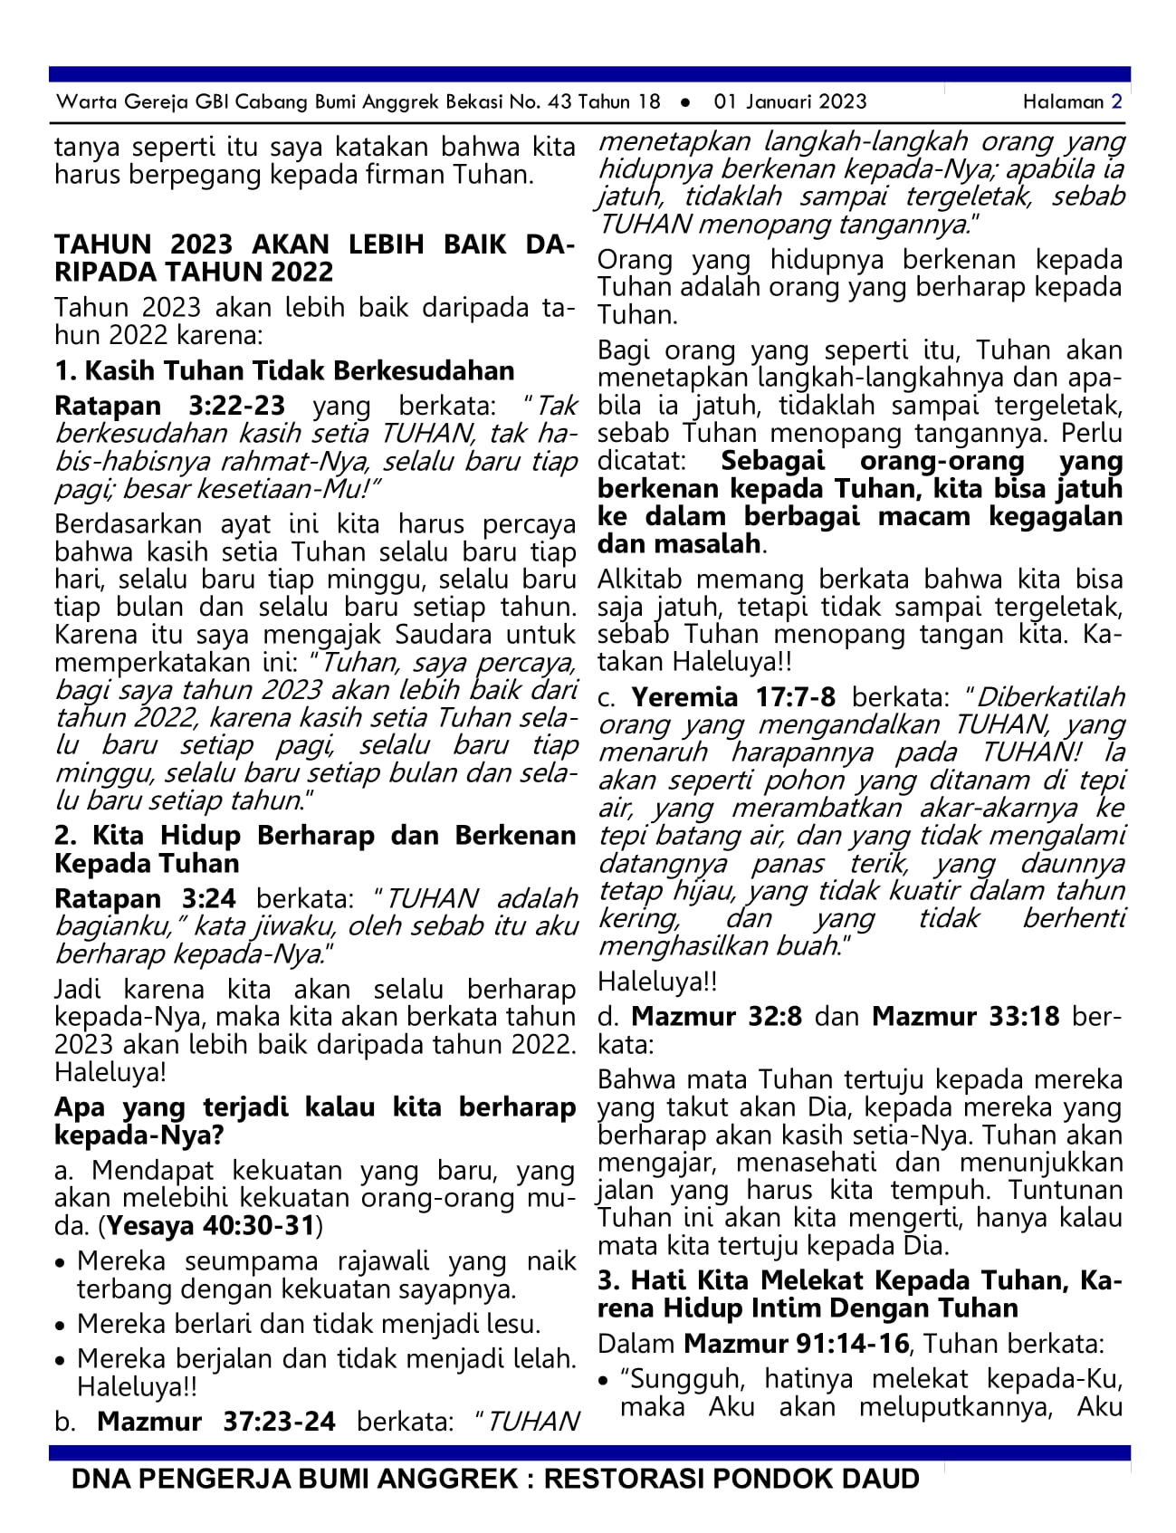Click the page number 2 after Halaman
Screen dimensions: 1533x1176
(1116, 101)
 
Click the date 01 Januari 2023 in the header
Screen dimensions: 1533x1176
(789, 101)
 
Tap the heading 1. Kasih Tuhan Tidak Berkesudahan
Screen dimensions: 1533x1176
(284, 370)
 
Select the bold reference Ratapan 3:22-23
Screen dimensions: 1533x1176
(169, 406)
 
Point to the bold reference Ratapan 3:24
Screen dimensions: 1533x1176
(145, 898)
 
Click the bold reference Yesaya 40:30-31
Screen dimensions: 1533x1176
(211, 1226)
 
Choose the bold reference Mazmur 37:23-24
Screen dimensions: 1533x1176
(215, 1421)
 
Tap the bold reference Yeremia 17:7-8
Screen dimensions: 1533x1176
(733, 696)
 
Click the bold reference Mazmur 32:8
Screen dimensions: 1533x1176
(716, 1016)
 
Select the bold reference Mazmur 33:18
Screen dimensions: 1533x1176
(965, 1016)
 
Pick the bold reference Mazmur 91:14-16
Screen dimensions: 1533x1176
(796, 1343)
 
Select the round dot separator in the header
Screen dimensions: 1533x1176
(686, 102)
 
